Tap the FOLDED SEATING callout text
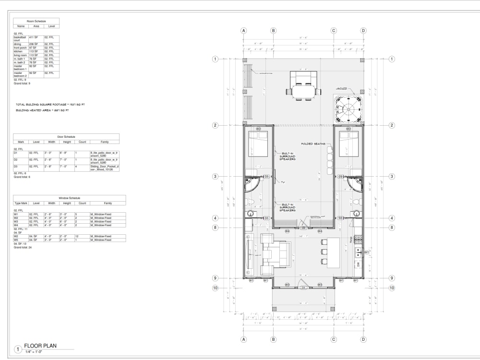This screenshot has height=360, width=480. click(313, 144)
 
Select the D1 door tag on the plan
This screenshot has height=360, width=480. click(303, 288)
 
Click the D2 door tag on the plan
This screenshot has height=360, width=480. click(303, 228)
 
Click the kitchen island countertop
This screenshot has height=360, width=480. click(333, 252)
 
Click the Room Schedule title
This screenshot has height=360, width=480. click(36, 22)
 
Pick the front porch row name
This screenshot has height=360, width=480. click(21, 48)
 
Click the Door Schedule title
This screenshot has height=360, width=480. click(66, 137)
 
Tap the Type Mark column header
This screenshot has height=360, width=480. click(21, 203)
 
